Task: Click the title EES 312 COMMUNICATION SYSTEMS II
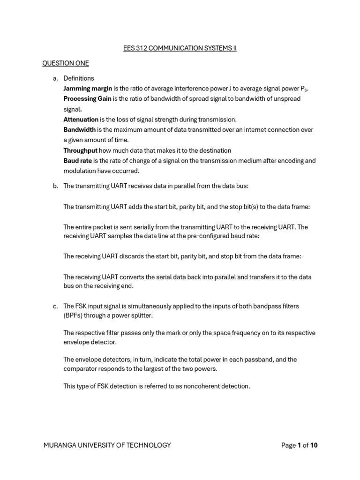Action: point(180,48)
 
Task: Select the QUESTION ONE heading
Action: point(65,63)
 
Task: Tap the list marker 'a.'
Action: point(55,78)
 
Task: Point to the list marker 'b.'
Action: point(55,186)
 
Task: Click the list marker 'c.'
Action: point(55,306)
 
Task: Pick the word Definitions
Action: point(79,78)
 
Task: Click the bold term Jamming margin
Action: point(87,89)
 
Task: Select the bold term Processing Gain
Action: point(87,99)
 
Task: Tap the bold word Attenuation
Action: point(81,120)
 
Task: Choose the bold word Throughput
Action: point(80,150)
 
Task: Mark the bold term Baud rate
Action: point(77,161)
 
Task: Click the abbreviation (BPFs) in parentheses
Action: point(75,315)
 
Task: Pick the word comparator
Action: point(82,369)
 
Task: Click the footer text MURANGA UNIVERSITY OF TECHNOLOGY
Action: point(107,445)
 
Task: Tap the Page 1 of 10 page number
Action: point(299,445)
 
